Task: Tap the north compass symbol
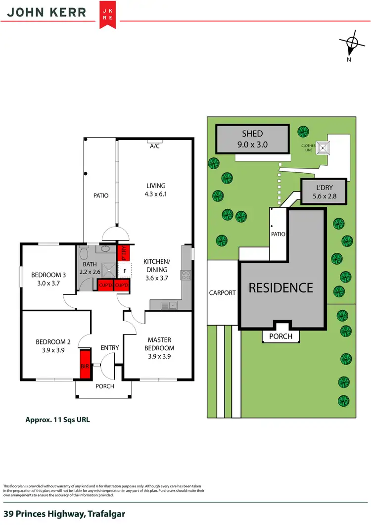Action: point(352,44)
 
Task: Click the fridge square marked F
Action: point(126,272)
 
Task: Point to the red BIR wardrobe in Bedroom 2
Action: point(85,365)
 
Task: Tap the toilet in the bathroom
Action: point(84,254)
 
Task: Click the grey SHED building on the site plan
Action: point(252,139)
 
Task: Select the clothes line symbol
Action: point(323,147)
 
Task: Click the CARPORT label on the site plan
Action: point(223,292)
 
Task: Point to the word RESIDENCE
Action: point(280,287)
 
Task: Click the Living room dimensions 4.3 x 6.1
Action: point(156,194)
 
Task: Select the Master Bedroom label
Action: point(159,344)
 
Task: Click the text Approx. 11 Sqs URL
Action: point(57,420)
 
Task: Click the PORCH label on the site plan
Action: point(280,336)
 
